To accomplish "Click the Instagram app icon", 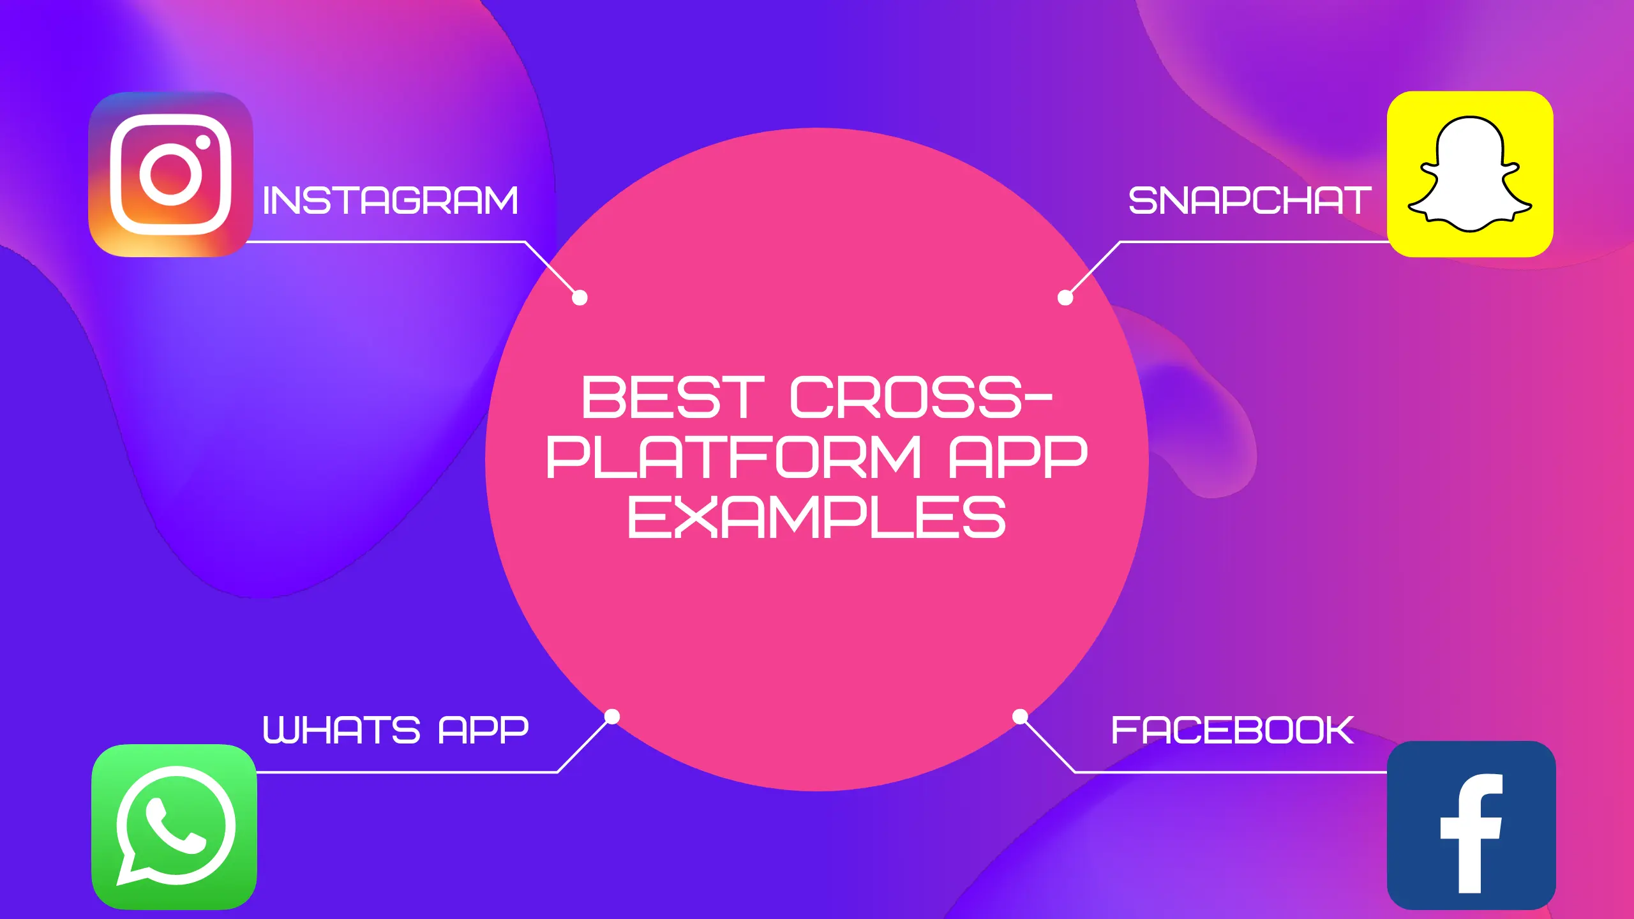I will (170, 174).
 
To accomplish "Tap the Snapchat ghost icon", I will (1470, 174).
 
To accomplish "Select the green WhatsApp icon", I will (174, 826).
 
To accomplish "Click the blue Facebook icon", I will (1471, 825).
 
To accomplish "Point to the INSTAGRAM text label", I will (390, 201).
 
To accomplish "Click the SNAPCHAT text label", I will (1250, 201).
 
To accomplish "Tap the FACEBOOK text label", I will (1233, 730).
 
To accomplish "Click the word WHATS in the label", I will (341, 730).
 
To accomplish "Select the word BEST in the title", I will (673, 398).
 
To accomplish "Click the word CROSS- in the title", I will (921, 398).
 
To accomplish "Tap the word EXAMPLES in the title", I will (817, 517).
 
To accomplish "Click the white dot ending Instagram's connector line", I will (580, 297).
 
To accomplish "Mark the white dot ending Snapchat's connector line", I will (1065, 297).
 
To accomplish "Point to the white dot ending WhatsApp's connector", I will (612, 717).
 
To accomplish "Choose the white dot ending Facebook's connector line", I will (1020, 717).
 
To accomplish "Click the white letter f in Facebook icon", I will (1471, 833).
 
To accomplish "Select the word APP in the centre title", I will (1018, 457).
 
